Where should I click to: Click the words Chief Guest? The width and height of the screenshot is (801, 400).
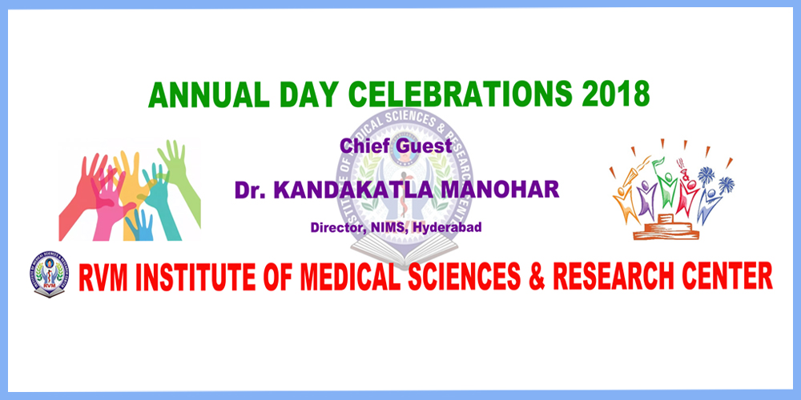[x=396, y=146]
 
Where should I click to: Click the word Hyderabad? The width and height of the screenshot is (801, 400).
[x=448, y=228]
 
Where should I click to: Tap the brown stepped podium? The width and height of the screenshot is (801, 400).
[x=666, y=227]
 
